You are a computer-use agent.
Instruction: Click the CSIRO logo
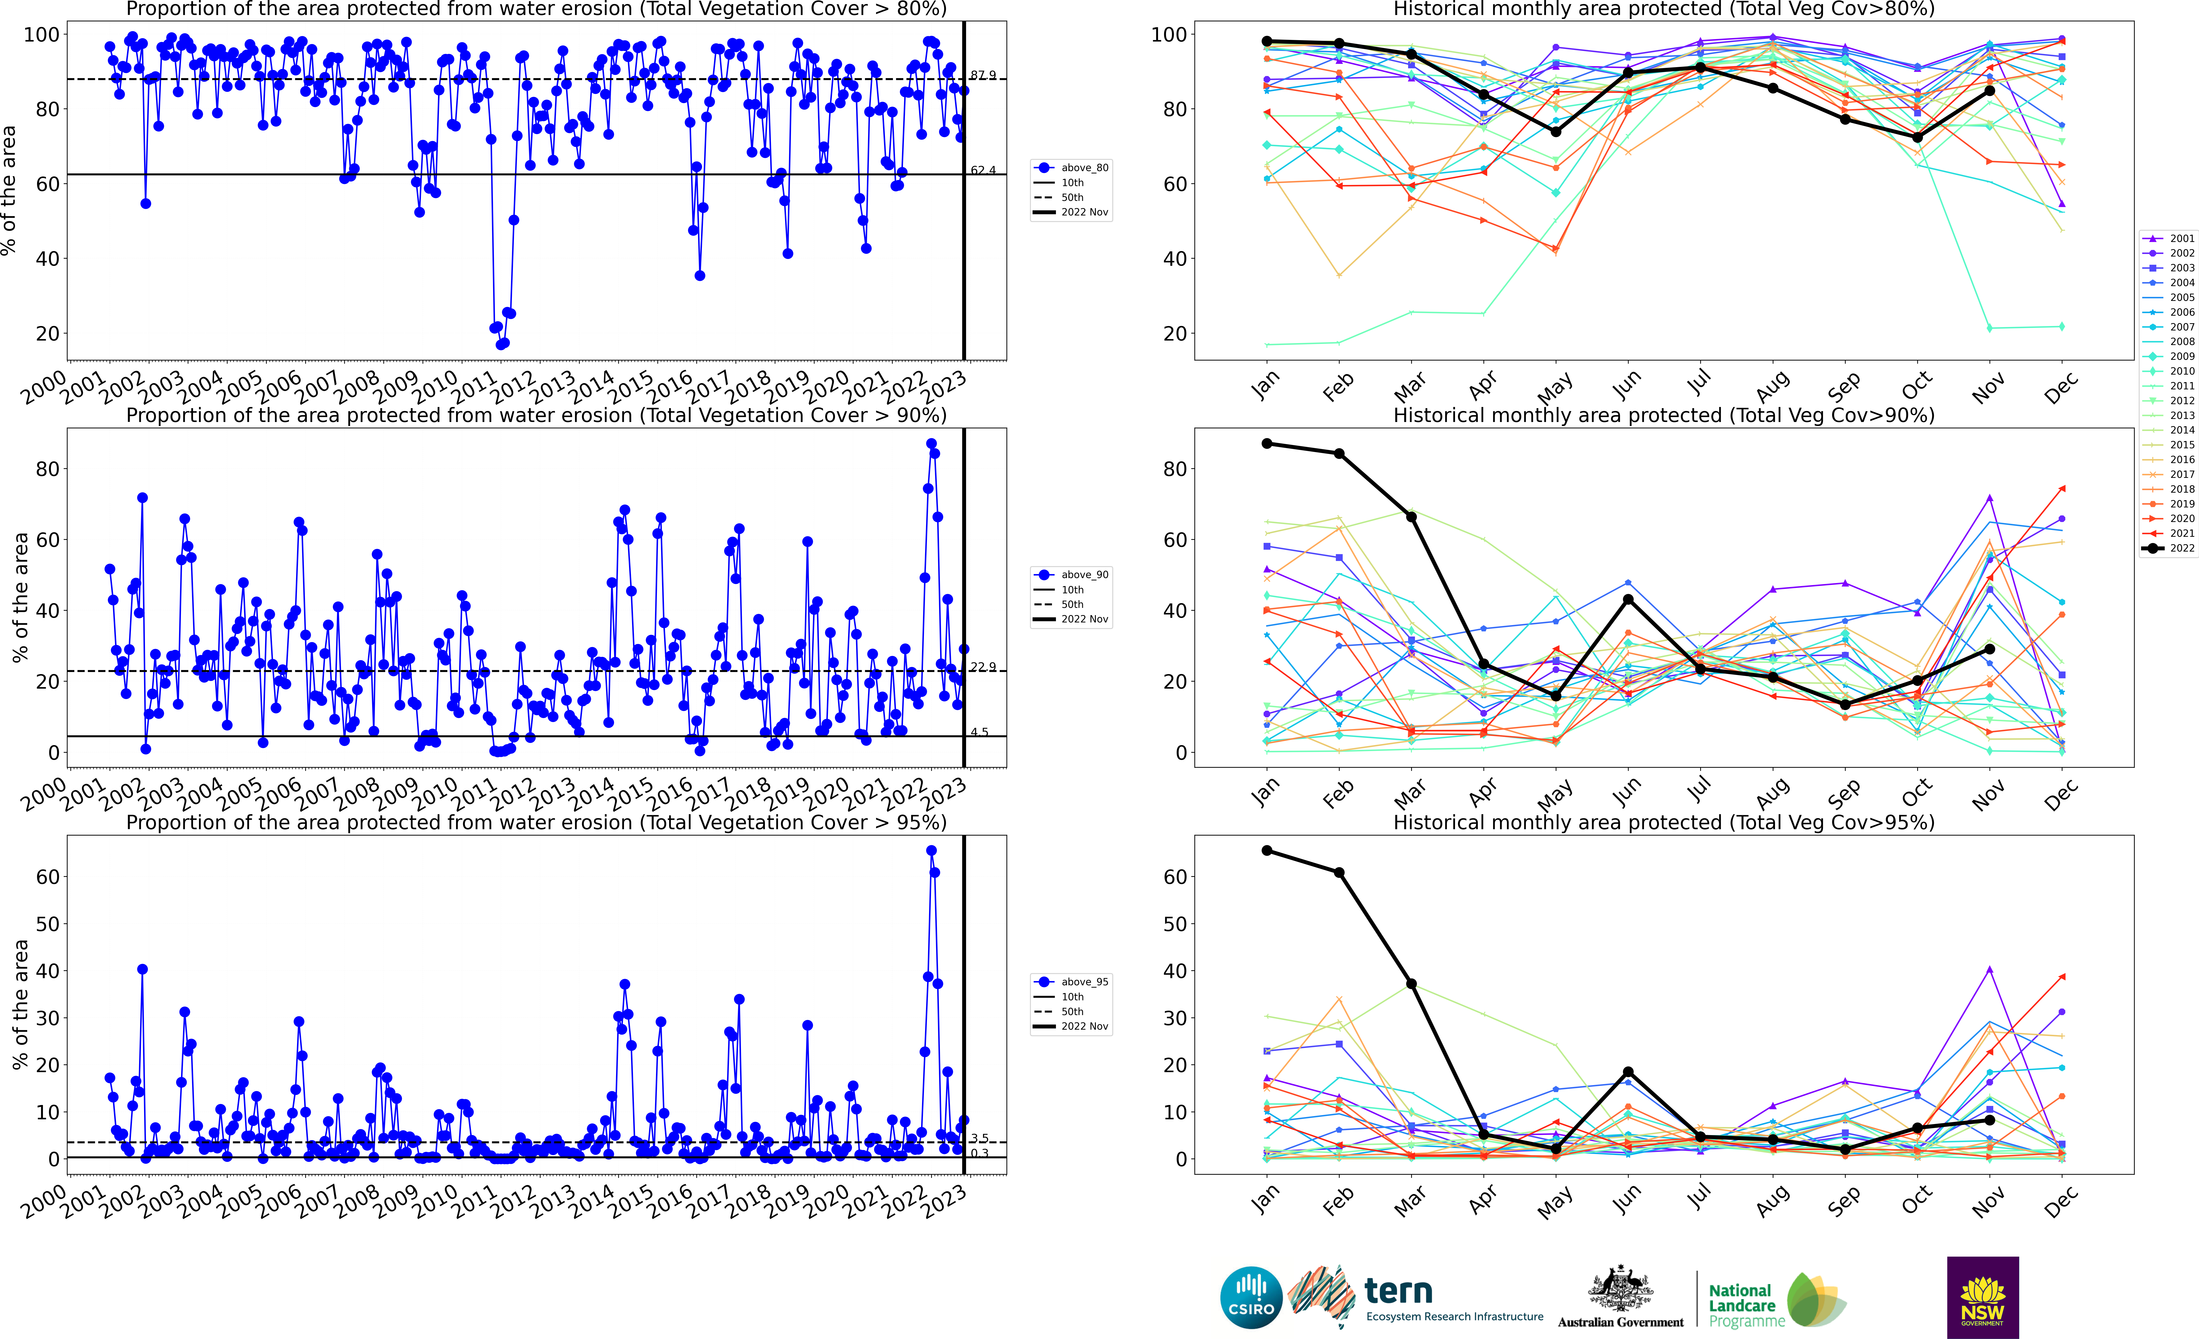(x=1251, y=1297)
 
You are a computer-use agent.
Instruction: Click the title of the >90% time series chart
(x=536, y=415)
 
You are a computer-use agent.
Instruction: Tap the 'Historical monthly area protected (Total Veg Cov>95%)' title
(x=1664, y=822)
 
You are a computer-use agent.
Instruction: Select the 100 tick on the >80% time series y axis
(x=41, y=35)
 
